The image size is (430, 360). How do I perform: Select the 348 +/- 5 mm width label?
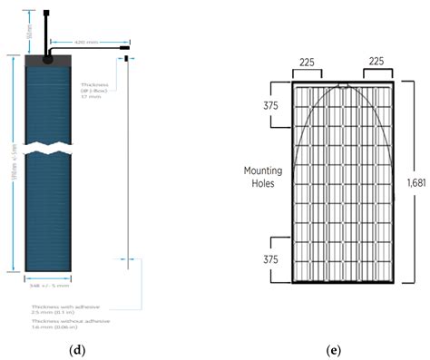click(x=48, y=286)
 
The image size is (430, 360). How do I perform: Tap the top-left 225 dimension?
click(x=308, y=64)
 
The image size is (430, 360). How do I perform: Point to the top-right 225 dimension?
click(x=377, y=64)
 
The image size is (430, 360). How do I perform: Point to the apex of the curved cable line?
click(x=343, y=87)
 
